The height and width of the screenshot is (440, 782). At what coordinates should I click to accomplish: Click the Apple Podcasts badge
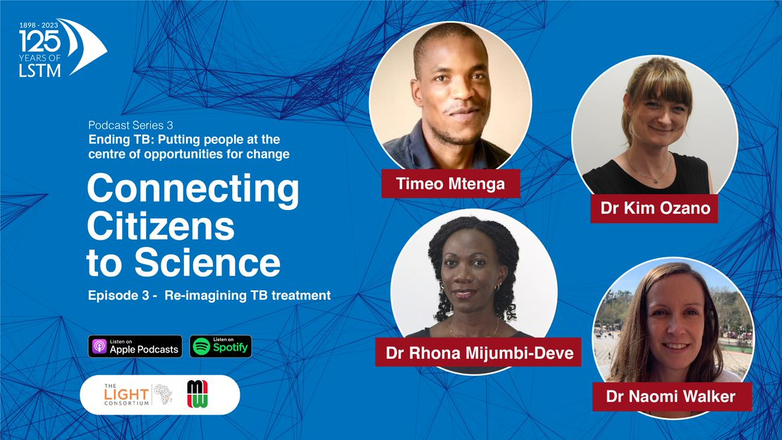(135, 346)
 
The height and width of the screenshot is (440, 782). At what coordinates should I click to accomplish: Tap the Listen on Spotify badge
(221, 346)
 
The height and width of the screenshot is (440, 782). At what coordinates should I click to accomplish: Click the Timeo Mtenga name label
(451, 183)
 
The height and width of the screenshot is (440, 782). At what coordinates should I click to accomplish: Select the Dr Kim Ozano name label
(654, 208)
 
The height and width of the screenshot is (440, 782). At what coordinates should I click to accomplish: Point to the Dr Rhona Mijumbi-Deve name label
(478, 352)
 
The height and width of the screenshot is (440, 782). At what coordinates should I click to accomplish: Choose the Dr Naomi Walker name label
(672, 396)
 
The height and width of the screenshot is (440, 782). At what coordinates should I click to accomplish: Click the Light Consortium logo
(138, 395)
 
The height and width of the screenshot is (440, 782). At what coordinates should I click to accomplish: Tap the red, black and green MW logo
(197, 394)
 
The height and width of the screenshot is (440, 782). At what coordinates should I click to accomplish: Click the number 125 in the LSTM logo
(40, 42)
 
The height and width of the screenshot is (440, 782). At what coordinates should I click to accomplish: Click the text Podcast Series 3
(130, 126)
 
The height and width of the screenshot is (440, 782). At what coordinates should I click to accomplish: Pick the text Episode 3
(118, 295)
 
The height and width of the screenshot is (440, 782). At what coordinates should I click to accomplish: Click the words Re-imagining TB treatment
(248, 296)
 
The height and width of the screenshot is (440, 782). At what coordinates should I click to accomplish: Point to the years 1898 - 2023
(39, 25)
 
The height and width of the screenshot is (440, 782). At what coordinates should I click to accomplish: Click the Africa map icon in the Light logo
(163, 393)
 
